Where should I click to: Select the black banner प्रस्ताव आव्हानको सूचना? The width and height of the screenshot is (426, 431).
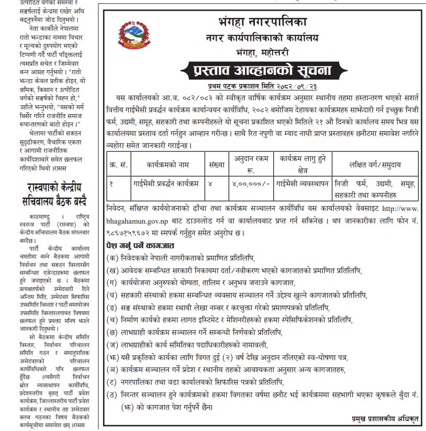pos(262,70)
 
